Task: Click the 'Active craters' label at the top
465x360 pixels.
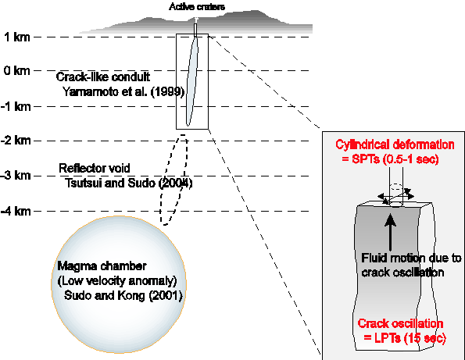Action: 197,6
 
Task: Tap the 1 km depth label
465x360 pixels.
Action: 17,37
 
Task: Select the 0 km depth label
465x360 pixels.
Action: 17,71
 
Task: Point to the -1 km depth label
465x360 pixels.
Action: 16,106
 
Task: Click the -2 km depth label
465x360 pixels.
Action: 16,140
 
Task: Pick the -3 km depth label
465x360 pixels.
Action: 16,176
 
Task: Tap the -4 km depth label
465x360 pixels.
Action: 16,212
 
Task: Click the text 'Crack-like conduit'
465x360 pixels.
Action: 103,77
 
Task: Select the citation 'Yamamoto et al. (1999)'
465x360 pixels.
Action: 123,92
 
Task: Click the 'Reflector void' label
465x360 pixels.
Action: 95,169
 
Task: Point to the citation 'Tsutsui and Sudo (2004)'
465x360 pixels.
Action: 129,183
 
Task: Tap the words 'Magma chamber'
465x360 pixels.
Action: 102,266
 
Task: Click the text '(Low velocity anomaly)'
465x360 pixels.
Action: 117,280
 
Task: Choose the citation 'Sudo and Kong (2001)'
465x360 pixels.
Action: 123,295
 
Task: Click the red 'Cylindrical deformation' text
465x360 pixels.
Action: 395,145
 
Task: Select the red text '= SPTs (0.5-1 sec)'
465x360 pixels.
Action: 390,159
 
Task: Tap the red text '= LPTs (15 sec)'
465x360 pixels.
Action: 405,338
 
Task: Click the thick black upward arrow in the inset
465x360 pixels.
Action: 390,232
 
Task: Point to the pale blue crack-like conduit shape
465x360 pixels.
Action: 192,81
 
